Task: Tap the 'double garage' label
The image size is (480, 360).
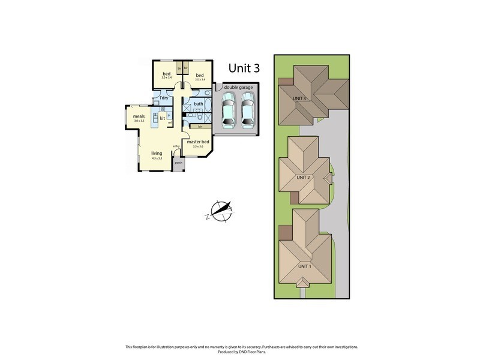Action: (239, 88)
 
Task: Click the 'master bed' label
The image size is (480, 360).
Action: (197, 142)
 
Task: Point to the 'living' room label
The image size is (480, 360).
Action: (157, 154)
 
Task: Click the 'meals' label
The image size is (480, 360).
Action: (139, 116)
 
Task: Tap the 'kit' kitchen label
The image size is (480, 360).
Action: (162, 118)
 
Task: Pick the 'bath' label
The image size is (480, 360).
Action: (198, 104)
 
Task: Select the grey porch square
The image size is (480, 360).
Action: (178, 163)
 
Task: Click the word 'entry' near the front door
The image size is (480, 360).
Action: (176, 146)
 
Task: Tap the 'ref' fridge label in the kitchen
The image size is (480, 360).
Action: (170, 124)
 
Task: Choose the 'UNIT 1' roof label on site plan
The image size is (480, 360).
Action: (304, 266)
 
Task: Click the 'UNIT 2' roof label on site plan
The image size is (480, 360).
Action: (304, 178)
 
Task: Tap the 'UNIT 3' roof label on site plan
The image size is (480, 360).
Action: (300, 98)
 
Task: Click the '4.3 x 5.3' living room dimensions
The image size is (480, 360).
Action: (157, 158)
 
